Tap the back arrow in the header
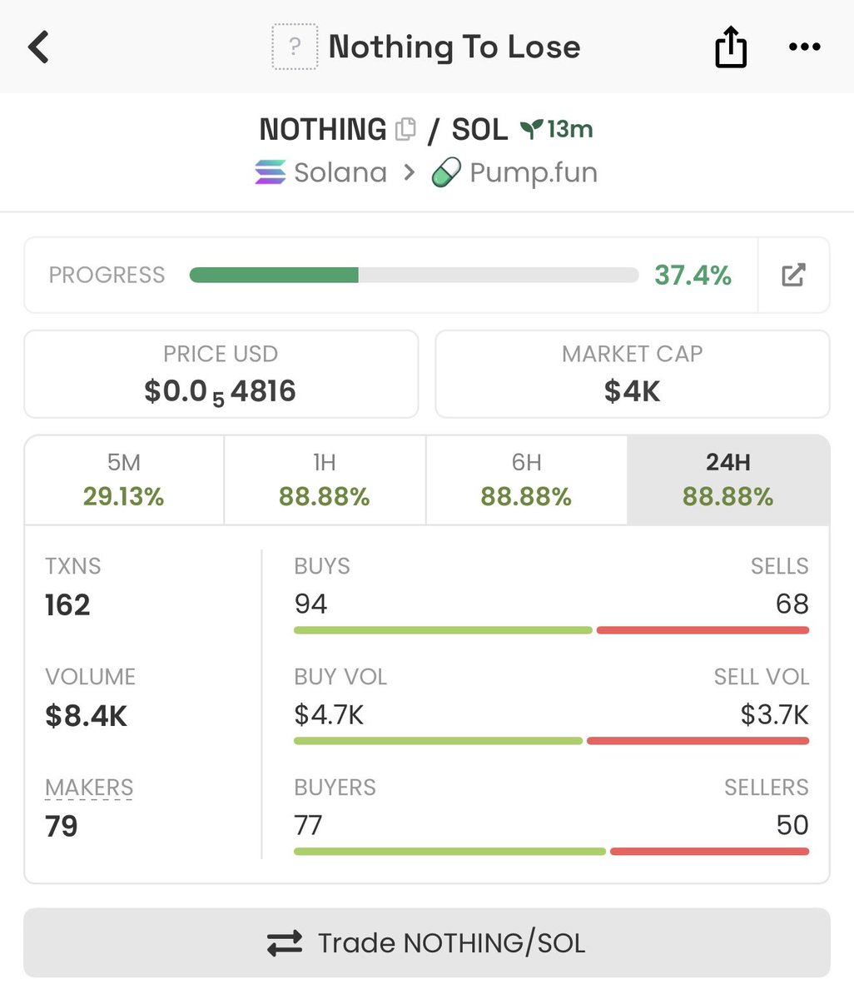[39, 47]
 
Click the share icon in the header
[731, 47]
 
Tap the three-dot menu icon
[804, 47]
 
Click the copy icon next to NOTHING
[406, 129]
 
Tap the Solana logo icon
[270, 172]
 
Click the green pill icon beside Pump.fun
[446, 172]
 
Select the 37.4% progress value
[693, 275]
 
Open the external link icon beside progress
[793, 275]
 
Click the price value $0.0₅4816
[221, 391]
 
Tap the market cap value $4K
[633, 391]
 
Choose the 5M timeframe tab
[124, 480]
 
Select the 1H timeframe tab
[325, 480]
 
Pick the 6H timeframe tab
[526, 480]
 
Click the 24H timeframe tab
[728, 480]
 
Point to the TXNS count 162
[67, 604]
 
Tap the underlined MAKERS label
[89, 788]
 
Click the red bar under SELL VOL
[698, 741]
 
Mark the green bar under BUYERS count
[449, 852]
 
